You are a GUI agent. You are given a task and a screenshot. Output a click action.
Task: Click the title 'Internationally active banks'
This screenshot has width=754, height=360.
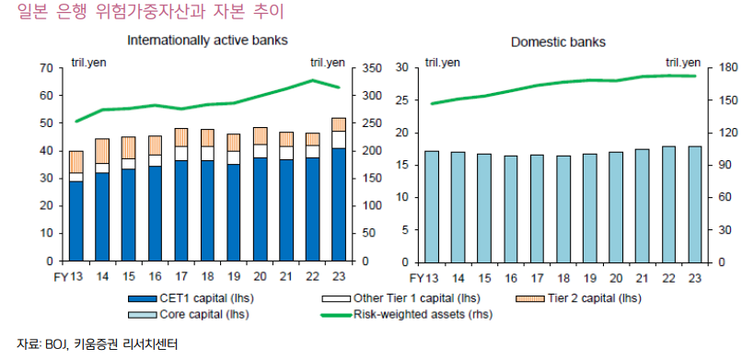[x=207, y=41]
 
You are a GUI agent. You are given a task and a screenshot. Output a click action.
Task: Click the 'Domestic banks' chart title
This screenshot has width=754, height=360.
[x=559, y=42]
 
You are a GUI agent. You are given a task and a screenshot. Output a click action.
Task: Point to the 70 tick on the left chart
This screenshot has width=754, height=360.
[x=45, y=68]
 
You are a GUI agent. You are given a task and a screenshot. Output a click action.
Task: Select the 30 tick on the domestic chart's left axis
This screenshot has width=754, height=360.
[x=400, y=68]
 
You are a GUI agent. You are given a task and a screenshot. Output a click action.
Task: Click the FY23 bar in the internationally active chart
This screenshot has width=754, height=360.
[x=339, y=190]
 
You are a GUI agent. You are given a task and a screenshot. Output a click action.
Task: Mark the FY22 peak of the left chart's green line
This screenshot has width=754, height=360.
[x=312, y=80]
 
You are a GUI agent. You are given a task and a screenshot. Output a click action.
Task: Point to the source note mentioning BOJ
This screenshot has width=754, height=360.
[x=97, y=344]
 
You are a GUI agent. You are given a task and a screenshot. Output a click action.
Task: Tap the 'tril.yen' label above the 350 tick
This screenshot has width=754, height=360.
[x=328, y=62]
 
